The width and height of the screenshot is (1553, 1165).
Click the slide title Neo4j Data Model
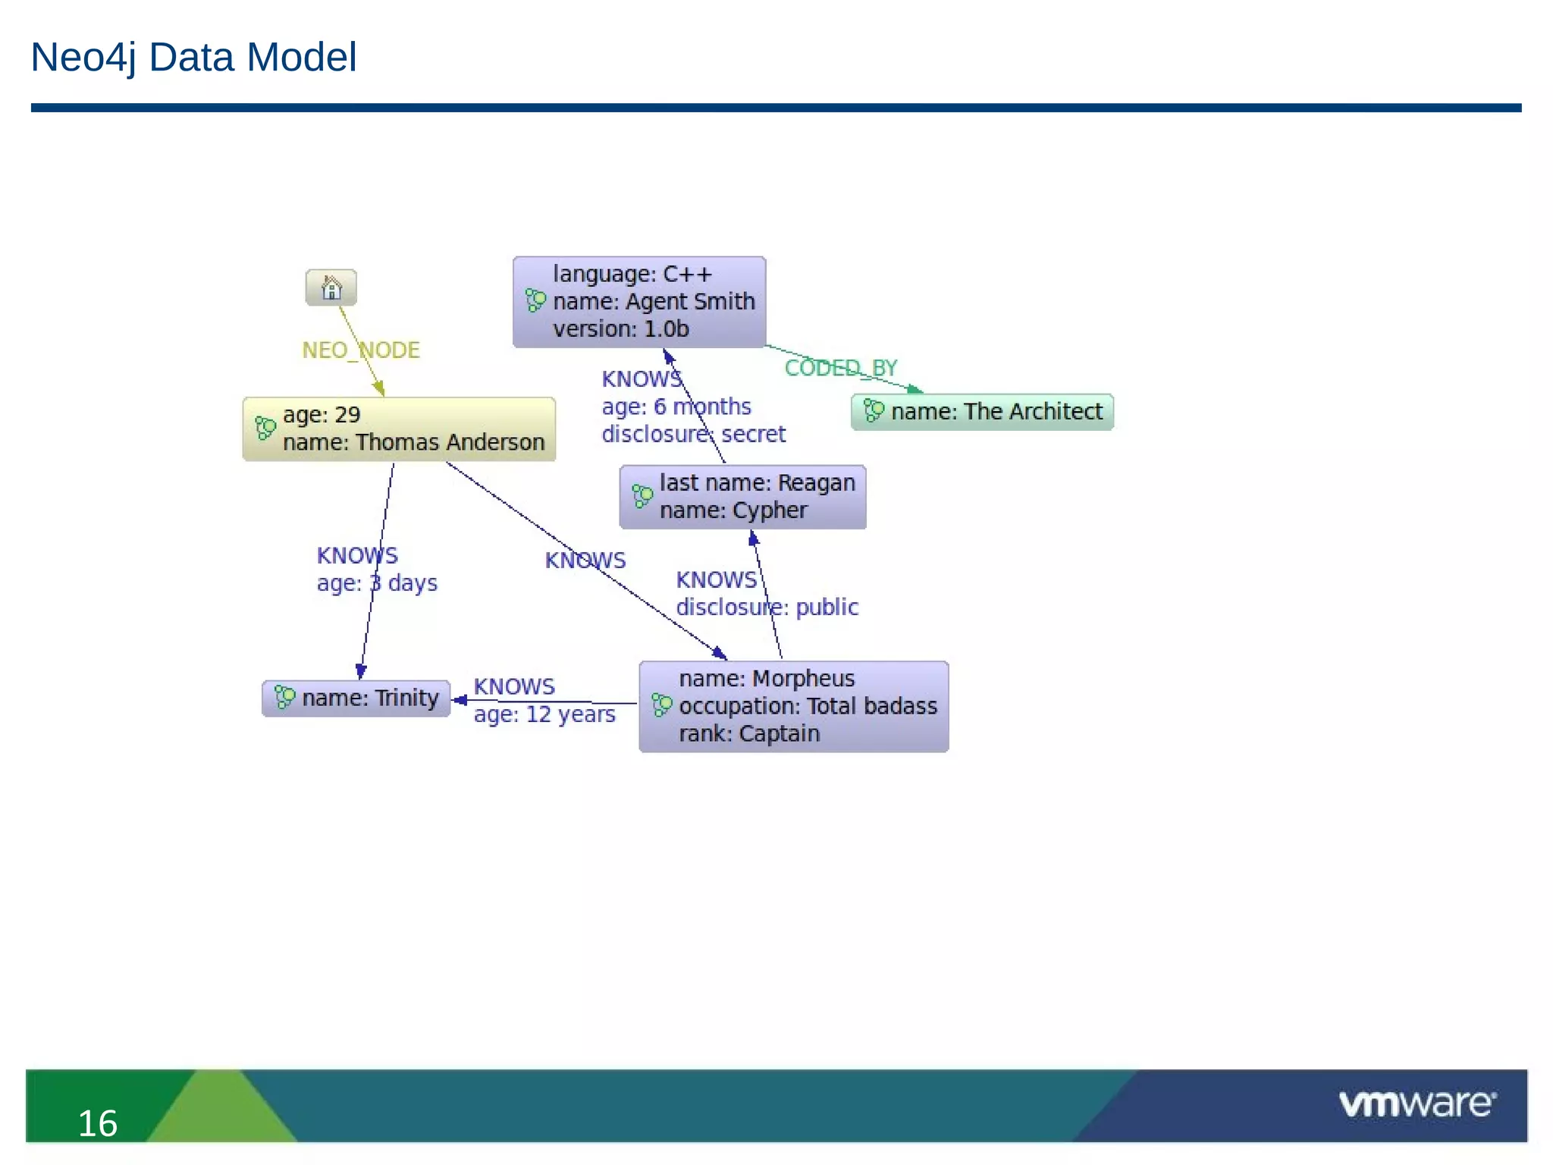click(193, 57)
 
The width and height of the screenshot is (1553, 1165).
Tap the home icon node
click(331, 288)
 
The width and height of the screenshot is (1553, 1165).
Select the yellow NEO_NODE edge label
click(360, 350)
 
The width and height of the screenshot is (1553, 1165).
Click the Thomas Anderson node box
click(399, 429)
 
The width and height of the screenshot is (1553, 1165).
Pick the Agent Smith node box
click(639, 302)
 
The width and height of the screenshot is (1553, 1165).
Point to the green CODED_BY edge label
click(840, 368)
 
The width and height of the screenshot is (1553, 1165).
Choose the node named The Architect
click(982, 412)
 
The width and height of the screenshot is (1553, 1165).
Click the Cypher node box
click(742, 497)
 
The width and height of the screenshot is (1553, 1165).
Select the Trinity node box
click(356, 698)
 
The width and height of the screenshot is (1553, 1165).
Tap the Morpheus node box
click(793, 706)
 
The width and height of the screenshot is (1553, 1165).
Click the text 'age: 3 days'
click(377, 583)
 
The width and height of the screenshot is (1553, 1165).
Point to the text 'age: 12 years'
click(544, 714)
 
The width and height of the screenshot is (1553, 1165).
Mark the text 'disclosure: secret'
click(693, 434)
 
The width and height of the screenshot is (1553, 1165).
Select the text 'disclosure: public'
click(767, 608)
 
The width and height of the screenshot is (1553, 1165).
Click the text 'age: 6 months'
click(676, 407)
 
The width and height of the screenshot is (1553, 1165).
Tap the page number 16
click(98, 1123)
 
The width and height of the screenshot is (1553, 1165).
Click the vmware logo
click(1417, 1104)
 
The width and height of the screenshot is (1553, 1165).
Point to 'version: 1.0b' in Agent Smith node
click(620, 329)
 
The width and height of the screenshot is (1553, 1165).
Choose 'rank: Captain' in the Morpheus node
click(749, 734)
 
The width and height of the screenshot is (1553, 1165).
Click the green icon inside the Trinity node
click(284, 697)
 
